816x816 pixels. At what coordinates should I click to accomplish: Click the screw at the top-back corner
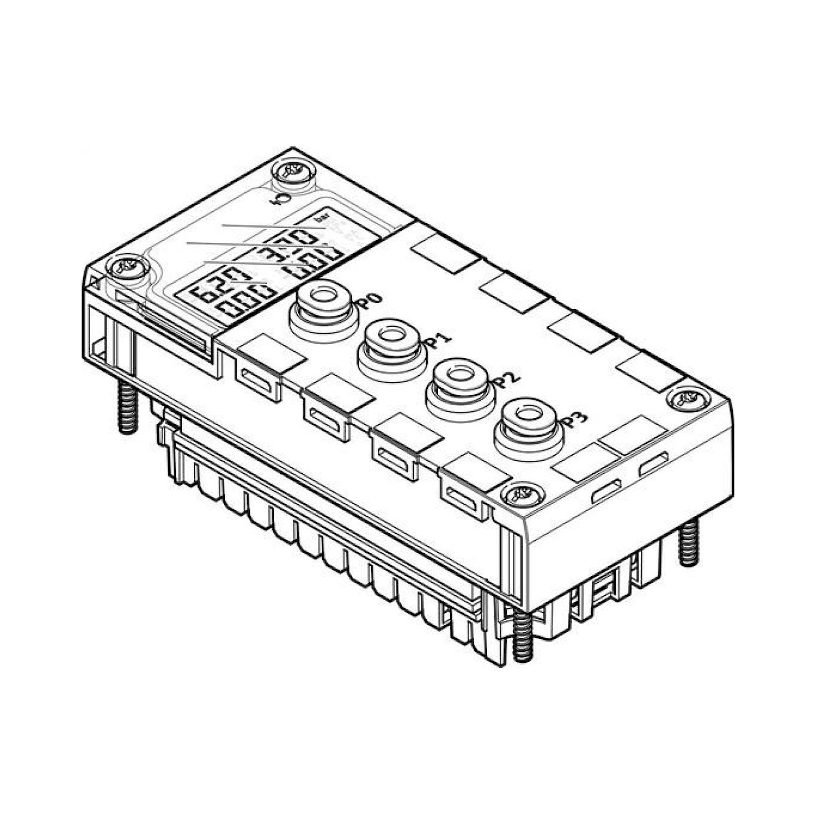point(294,172)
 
